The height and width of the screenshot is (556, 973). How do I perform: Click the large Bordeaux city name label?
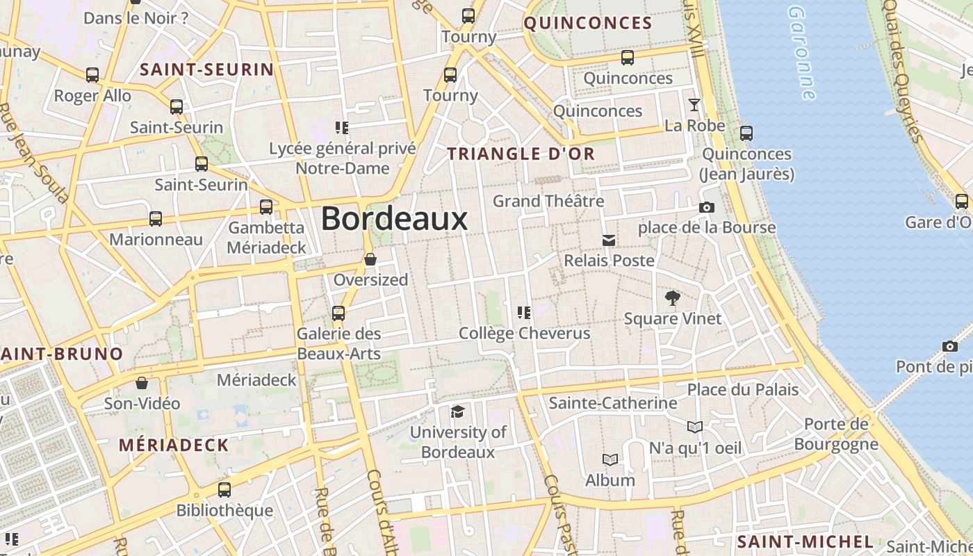(x=394, y=219)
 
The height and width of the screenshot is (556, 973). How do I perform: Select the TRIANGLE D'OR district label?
(x=521, y=154)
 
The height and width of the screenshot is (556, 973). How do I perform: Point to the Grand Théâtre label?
(x=548, y=202)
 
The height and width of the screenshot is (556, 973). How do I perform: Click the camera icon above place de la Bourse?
(x=707, y=208)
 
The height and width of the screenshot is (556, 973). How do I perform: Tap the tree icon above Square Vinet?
(x=672, y=299)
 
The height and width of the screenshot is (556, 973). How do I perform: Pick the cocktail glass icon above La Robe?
(x=694, y=106)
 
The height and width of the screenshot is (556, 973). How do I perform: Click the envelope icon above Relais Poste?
(x=609, y=240)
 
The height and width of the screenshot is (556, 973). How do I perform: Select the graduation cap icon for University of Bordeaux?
(x=457, y=412)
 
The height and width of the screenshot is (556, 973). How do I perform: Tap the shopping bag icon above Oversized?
(x=370, y=260)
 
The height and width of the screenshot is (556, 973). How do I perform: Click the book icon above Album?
(x=610, y=460)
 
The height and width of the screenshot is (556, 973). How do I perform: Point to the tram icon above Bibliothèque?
(x=224, y=490)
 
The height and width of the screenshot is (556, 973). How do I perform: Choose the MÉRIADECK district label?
(x=174, y=445)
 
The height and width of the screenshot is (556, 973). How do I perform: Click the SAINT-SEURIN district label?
(x=207, y=69)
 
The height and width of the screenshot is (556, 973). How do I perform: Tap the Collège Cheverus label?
(x=524, y=334)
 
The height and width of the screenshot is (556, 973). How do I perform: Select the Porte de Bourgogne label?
(x=835, y=434)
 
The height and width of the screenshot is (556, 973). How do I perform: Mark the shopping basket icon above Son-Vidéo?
(x=142, y=383)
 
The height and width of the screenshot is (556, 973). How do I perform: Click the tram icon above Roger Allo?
(x=92, y=75)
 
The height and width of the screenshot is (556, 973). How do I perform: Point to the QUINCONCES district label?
(x=588, y=23)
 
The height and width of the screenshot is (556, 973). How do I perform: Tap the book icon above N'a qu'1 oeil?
(x=695, y=427)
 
